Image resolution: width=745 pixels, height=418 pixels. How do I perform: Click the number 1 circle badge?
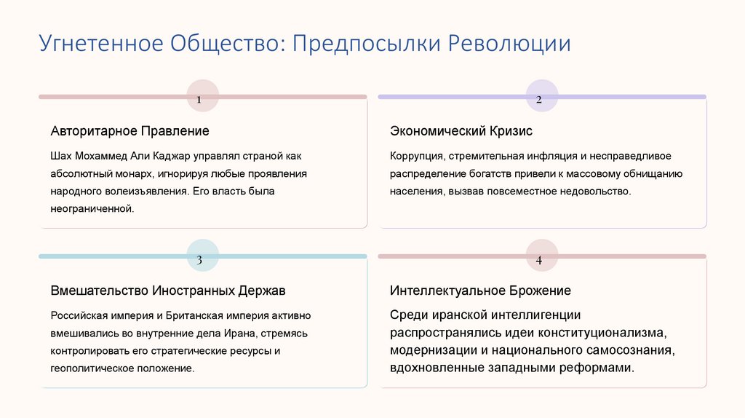pyautogui.click(x=202, y=96)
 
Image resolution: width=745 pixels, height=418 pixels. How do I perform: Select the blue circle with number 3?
pyautogui.click(x=202, y=256)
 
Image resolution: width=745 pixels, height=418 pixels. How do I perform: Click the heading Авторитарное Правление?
pyautogui.click(x=130, y=131)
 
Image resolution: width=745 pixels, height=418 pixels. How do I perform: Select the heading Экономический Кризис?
pyautogui.click(x=461, y=131)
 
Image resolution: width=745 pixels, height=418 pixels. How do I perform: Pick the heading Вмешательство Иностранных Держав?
pyautogui.click(x=168, y=291)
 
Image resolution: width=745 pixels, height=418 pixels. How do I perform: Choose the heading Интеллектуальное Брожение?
pyautogui.click(x=480, y=291)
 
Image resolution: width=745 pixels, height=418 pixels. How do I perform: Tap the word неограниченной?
pyautogui.click(x=92, y=209)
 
